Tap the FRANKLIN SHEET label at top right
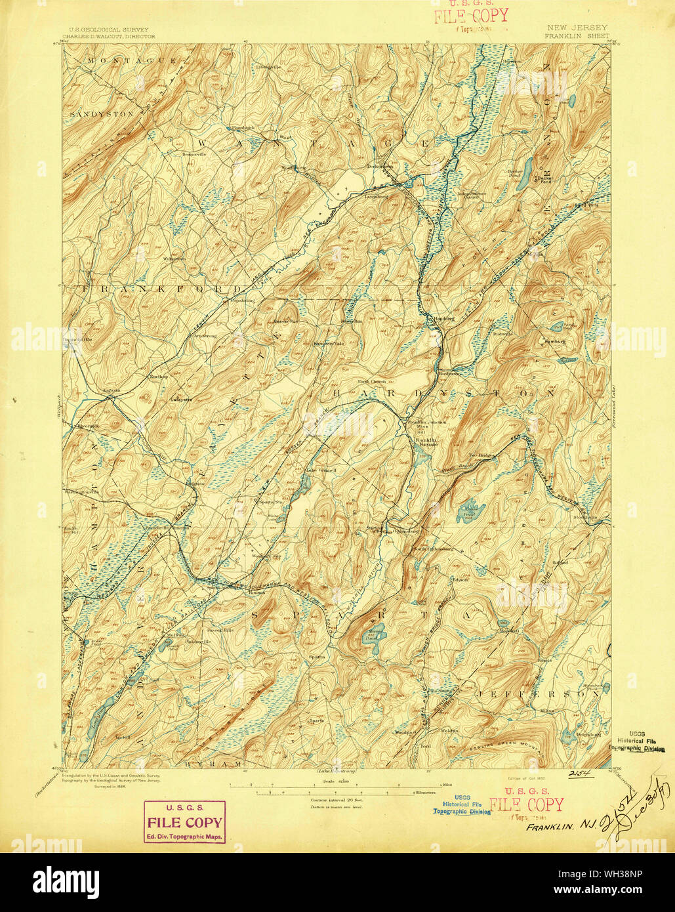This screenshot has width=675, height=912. tap(577, 37)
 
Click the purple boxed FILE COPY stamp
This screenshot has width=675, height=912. tap(184, 822)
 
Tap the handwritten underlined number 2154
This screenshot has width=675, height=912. tap(581, 775)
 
